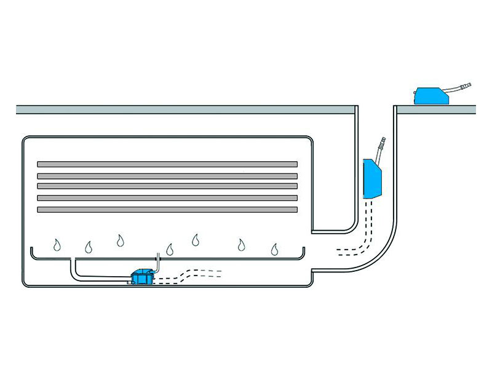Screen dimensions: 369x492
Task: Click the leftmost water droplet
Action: (x=57, y=245)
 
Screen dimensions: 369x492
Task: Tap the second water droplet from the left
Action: (x=89, y=247)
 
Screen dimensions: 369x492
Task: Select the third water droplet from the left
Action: (x=120, y=239)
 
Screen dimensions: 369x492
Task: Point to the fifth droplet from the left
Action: (x=196, y=239)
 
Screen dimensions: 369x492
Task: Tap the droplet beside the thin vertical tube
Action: (x=170, y=249)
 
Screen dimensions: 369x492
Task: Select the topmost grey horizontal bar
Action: (x=167, y=164)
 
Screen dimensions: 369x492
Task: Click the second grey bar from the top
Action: (x=167, y=176)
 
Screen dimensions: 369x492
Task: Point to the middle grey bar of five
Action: (x=167, y=186)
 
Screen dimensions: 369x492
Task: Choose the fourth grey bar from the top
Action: (x=167, y=198)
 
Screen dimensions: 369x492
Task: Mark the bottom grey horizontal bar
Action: (x=167, y=210)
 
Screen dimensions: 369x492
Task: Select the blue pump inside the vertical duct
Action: (x=372, y=178)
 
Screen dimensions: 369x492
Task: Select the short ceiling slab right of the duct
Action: (x=435, y=110)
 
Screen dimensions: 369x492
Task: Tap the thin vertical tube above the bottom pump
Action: (x=157, y=261)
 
